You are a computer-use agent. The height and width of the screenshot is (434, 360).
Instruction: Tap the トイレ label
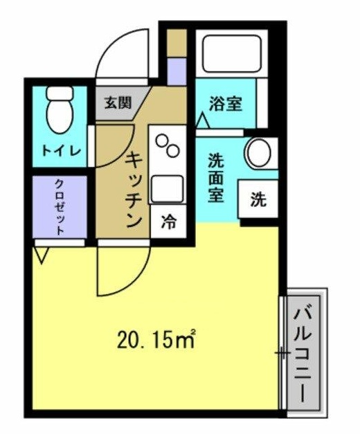tap(61, 150)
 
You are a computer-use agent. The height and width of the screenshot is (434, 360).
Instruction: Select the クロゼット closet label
tap(60, 207)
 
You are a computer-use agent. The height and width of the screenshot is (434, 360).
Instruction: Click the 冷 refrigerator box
tap(168, 221)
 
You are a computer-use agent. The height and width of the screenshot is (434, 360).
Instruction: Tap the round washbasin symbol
tap(261, 153)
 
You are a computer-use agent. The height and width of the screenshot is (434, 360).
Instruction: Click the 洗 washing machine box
tap(258, 200)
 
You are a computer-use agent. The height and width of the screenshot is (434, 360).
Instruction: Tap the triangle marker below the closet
tap(39, 255)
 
